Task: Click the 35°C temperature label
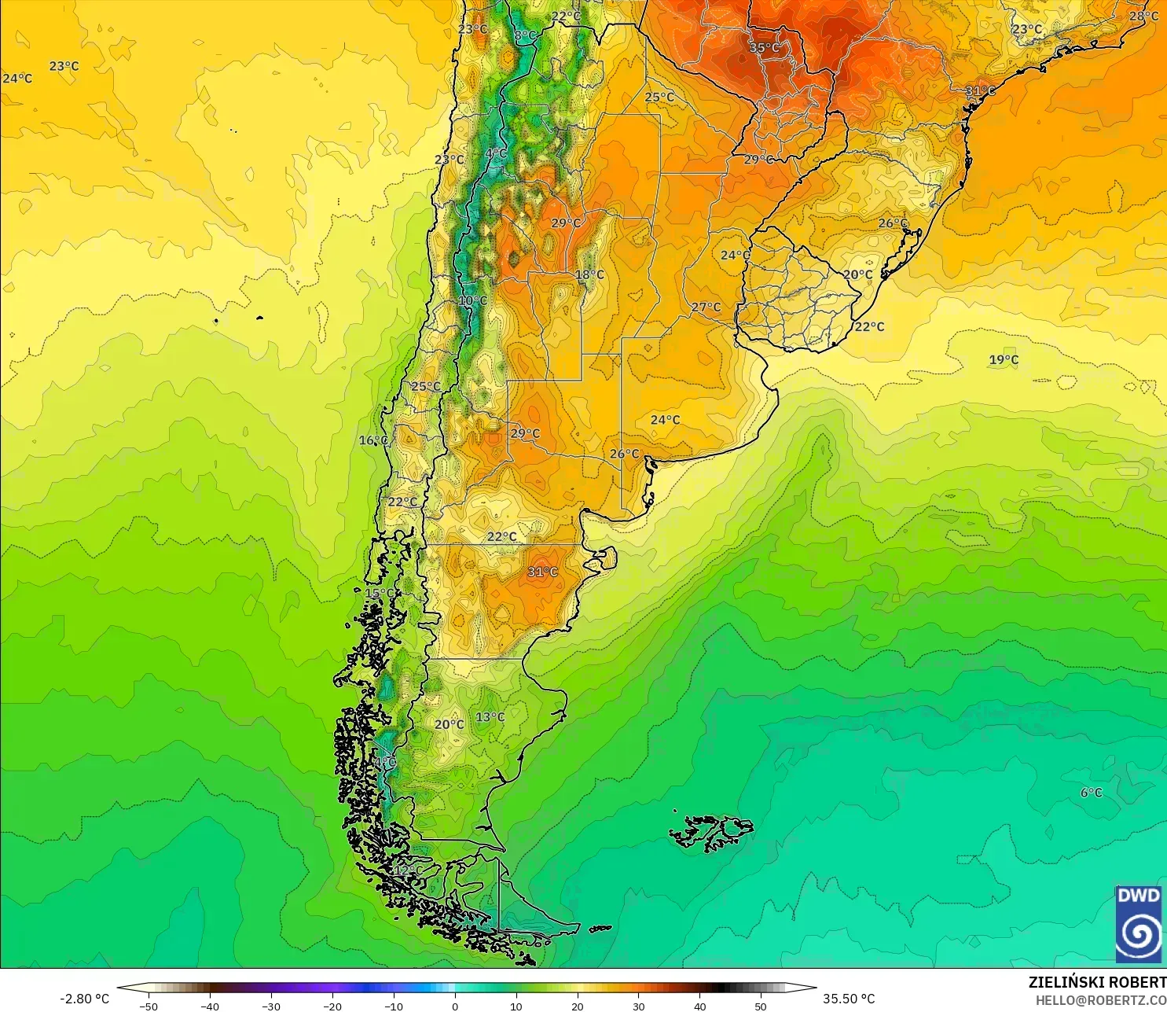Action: pos(764,48)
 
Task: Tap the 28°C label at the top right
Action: pos(1143,17)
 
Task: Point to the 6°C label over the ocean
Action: pos(1091,793)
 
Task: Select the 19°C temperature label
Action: pos(1004,360)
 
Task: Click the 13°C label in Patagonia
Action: pos(490,717)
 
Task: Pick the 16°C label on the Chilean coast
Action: pos(373,440)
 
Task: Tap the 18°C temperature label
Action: pos(589,274)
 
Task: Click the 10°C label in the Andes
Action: pos(473,300)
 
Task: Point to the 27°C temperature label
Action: pos(706,307)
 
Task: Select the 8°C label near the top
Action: pos(524,36)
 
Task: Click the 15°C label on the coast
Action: pos(380,593)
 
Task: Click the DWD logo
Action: pos(1138,924)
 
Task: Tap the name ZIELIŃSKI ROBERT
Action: pos(1097,982)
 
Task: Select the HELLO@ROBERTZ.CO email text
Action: pos(1100,1000)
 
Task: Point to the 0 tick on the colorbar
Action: pos(455,1006)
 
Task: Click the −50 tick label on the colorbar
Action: pos(148,1006)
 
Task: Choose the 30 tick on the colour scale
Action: pos(639,1006)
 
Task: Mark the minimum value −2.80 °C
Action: pos(85,999)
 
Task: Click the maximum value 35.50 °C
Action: pos(849,999)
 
